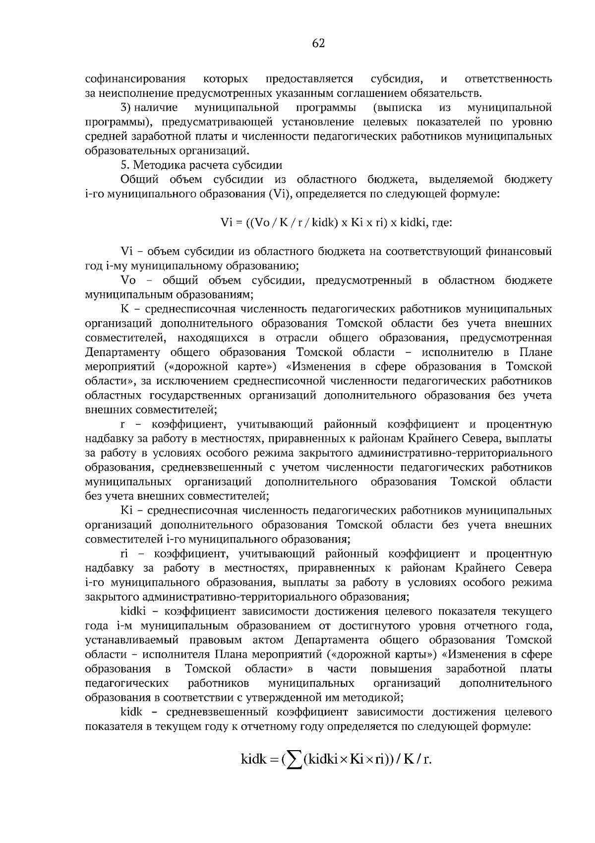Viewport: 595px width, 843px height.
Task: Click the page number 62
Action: [318, 44]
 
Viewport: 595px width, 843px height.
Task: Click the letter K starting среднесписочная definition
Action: [124, 309]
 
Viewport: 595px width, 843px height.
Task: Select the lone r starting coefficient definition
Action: [122, 425]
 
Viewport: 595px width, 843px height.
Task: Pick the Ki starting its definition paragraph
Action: [125, 510]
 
